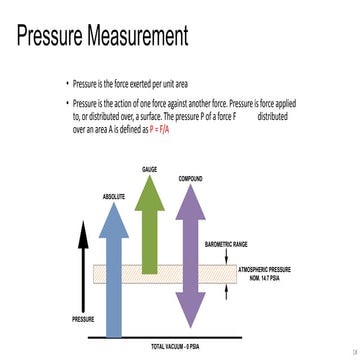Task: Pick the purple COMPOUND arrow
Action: (x=190, y=250)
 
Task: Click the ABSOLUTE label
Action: (x=113, y=197)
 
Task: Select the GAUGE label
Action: (x=149, y=171)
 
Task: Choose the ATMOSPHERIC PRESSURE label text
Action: (x=265, y=269)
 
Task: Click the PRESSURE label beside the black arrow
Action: (x=83, y=318)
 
